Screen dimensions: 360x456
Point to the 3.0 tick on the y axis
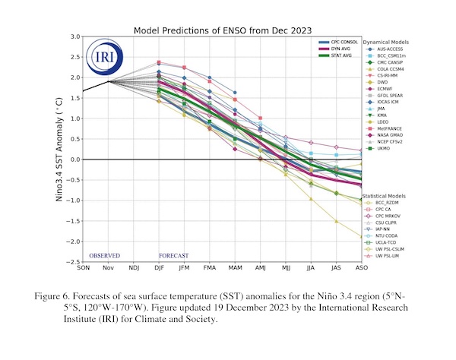click(x=76, y=36)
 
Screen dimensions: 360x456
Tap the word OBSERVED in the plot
click(x=105, y=256)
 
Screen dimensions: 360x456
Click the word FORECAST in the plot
click(x=174, y=256)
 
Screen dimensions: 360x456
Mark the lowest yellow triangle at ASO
click(x=360, y=237)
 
